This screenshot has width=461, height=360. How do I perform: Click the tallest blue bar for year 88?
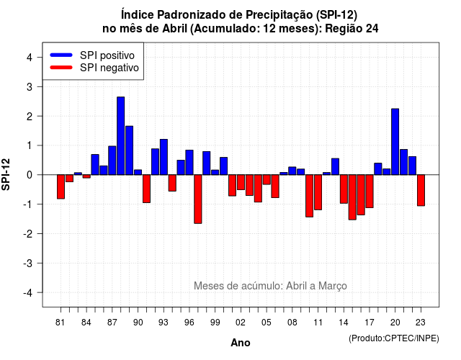click(120, 136)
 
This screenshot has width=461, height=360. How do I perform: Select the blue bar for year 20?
click(395, 142)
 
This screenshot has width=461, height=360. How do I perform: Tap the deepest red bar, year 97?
click(198, 199)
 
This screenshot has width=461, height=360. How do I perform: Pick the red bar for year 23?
click(421, 190)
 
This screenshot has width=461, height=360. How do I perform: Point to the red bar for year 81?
click(61, 186)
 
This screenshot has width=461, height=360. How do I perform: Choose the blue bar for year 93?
click(164, 157)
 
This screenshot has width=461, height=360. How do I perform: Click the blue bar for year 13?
click(335, 166)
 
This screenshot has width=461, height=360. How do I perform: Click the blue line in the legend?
click(61, 55)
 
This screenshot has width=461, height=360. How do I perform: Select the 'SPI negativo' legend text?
click(109, 68)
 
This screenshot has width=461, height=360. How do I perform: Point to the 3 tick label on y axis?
click(30, 86)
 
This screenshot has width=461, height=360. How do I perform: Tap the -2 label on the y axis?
click(28, 233)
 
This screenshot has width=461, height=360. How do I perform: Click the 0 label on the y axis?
click(30, 175)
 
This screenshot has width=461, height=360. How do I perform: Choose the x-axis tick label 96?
click(189, 323)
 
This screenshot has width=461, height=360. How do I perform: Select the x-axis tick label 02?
click(241, 323)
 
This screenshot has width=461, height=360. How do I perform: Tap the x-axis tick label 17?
click(370, 323)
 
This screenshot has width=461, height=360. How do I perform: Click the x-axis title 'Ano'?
click(241, 343)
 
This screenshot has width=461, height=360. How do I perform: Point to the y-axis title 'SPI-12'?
click(6, 174)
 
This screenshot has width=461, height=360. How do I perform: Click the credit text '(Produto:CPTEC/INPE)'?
click(394, 338)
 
